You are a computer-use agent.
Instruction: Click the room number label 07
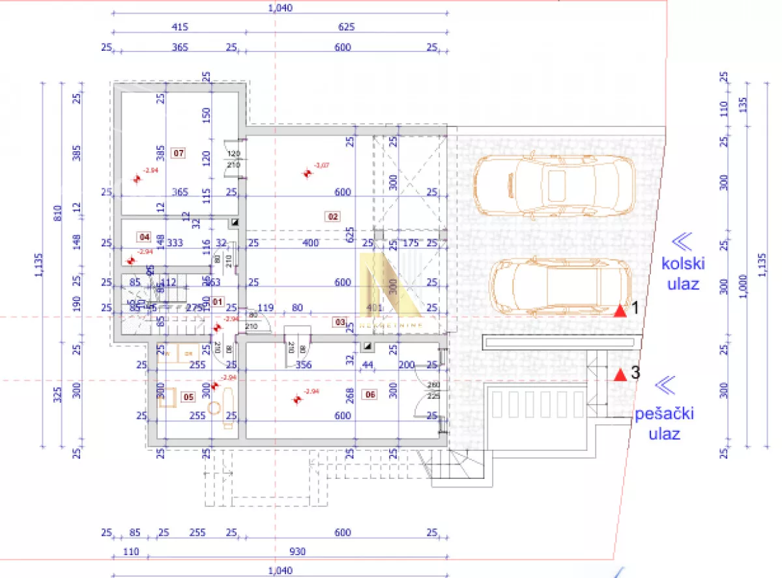click(177, 154)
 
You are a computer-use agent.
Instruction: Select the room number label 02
click(332, 216)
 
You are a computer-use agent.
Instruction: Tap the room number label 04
click(144, 237)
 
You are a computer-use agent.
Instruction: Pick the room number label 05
click(188, 396)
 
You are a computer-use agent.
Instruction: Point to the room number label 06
click(370, 394)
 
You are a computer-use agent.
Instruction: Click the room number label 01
click(218, 302)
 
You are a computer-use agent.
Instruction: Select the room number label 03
click(340, 321)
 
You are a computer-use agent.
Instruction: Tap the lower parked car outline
click(561, 287)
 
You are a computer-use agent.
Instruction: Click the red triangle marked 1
click(620, 311)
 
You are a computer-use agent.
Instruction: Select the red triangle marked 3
click(620, 375)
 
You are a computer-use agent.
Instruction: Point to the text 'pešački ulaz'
click(665, 424)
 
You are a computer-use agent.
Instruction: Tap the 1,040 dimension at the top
click(280, 8)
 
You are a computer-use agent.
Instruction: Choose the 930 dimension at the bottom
click(297, 551)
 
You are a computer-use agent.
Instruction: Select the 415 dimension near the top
click(180, 27)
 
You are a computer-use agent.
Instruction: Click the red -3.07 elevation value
click(321, 166)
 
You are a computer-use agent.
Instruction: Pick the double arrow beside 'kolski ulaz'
click(682, 242)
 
